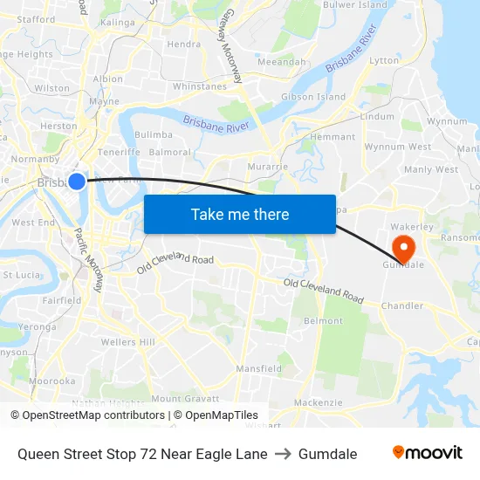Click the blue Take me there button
pos(240,214)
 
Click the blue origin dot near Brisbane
pos(77,182)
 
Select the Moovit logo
pos(428,453)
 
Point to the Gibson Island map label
pos(313,97)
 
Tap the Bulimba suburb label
pos(153,135)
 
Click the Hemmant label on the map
pos(333,137)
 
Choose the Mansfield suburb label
pos(258,369)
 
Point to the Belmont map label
pos(323,321)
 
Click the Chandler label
pos(402,306)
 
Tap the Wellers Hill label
pos(127,342)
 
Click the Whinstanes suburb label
pos(200,86)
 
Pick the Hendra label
pos(183,44)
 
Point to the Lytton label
pos(384,61)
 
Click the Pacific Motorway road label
pos(89,259)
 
